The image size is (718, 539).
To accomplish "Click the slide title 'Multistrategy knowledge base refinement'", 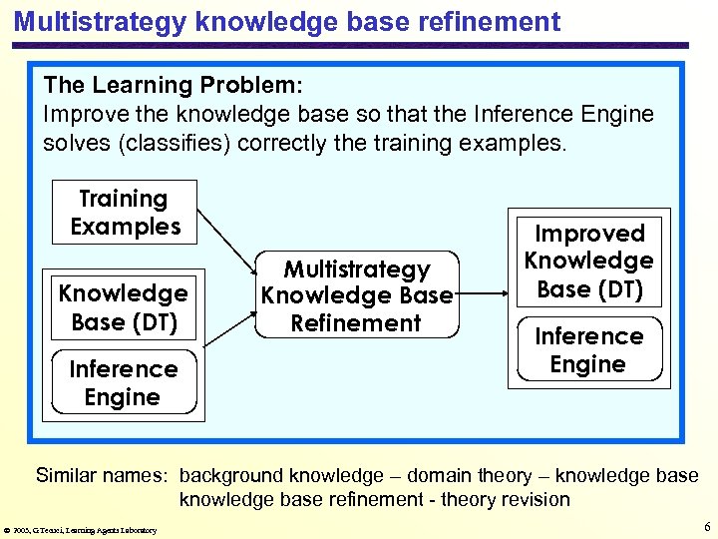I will (287, 22).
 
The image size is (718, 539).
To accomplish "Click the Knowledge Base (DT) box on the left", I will (123, 307).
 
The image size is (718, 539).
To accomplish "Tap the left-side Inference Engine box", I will (123, 383).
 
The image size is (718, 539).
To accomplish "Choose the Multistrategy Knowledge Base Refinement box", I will (356, 295).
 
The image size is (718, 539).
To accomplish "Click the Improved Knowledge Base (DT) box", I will (588, 261).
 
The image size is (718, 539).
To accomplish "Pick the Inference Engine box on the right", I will (588, 350).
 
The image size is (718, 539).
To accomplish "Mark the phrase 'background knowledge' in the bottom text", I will (280, 475).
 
